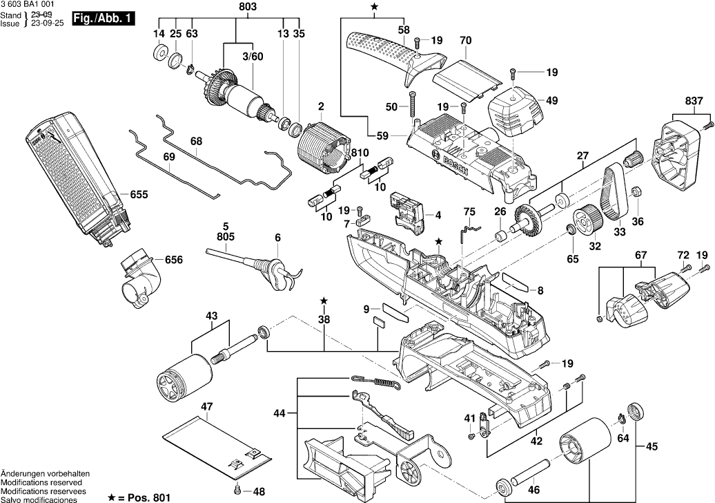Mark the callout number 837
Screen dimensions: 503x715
point(694,101)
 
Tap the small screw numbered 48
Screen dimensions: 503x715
point(238,491)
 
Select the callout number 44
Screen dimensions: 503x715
point(278,414)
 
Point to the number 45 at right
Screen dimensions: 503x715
point(652,446)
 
